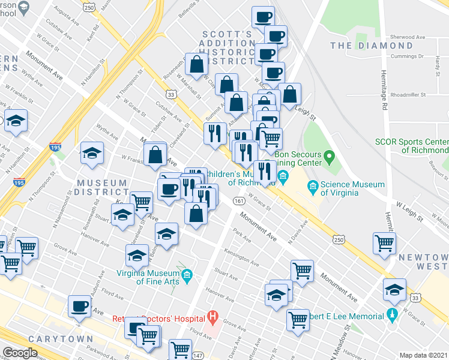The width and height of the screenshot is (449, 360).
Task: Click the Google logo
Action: pos(20,352)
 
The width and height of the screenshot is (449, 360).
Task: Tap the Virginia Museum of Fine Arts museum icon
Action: pos(187,275)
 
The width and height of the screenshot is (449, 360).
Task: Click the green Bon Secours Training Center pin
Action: pos(329,158)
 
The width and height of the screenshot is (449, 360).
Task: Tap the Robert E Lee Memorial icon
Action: pos(392,314)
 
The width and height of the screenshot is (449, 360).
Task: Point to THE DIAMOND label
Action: pos(371,46)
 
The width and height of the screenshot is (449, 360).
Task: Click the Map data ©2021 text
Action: pos(424,355)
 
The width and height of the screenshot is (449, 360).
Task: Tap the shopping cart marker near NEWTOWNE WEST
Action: pos(384,243)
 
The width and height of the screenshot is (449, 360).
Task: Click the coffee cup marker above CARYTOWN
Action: pos(79,307)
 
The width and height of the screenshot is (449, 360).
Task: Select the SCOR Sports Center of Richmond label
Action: pos(411,146)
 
